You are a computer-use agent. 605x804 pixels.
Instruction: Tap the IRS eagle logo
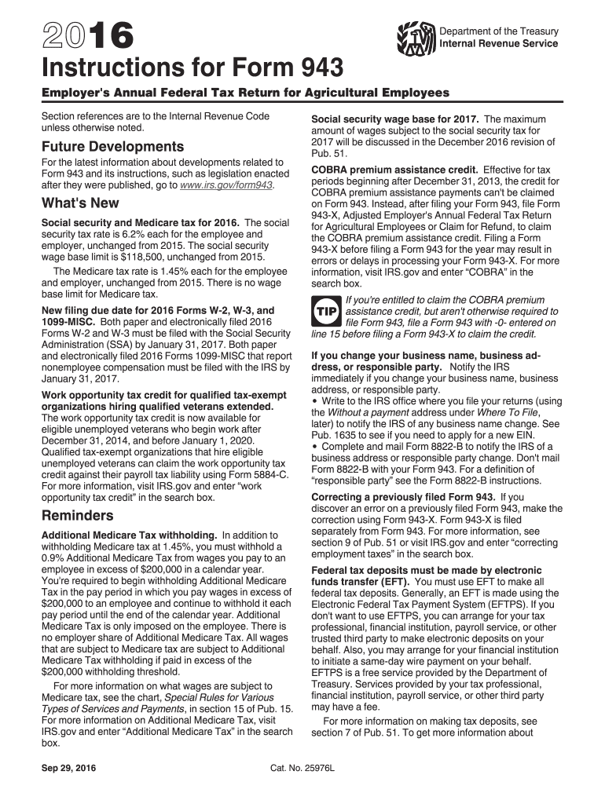416,37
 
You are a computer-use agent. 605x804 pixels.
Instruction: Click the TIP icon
326,312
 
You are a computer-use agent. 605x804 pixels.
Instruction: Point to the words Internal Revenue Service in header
499,43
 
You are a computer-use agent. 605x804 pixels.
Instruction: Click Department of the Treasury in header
499,31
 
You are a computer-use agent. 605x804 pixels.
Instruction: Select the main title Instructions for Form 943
192,68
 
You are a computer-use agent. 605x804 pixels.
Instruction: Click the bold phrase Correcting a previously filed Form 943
403,497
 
